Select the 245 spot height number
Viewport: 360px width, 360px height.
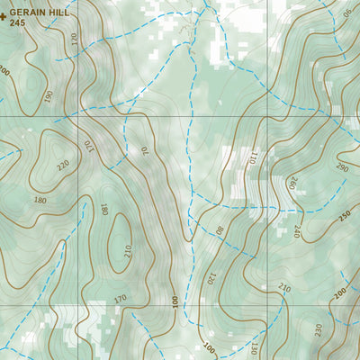point(18,24)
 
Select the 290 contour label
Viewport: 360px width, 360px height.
point(342,167)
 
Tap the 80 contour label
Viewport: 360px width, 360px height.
point(219,229)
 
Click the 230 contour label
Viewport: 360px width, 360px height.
point(318,329)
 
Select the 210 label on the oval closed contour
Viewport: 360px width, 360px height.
point(127,249)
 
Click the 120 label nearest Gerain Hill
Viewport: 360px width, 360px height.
point(74,40)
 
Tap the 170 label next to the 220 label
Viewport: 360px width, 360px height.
point(88,146)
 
